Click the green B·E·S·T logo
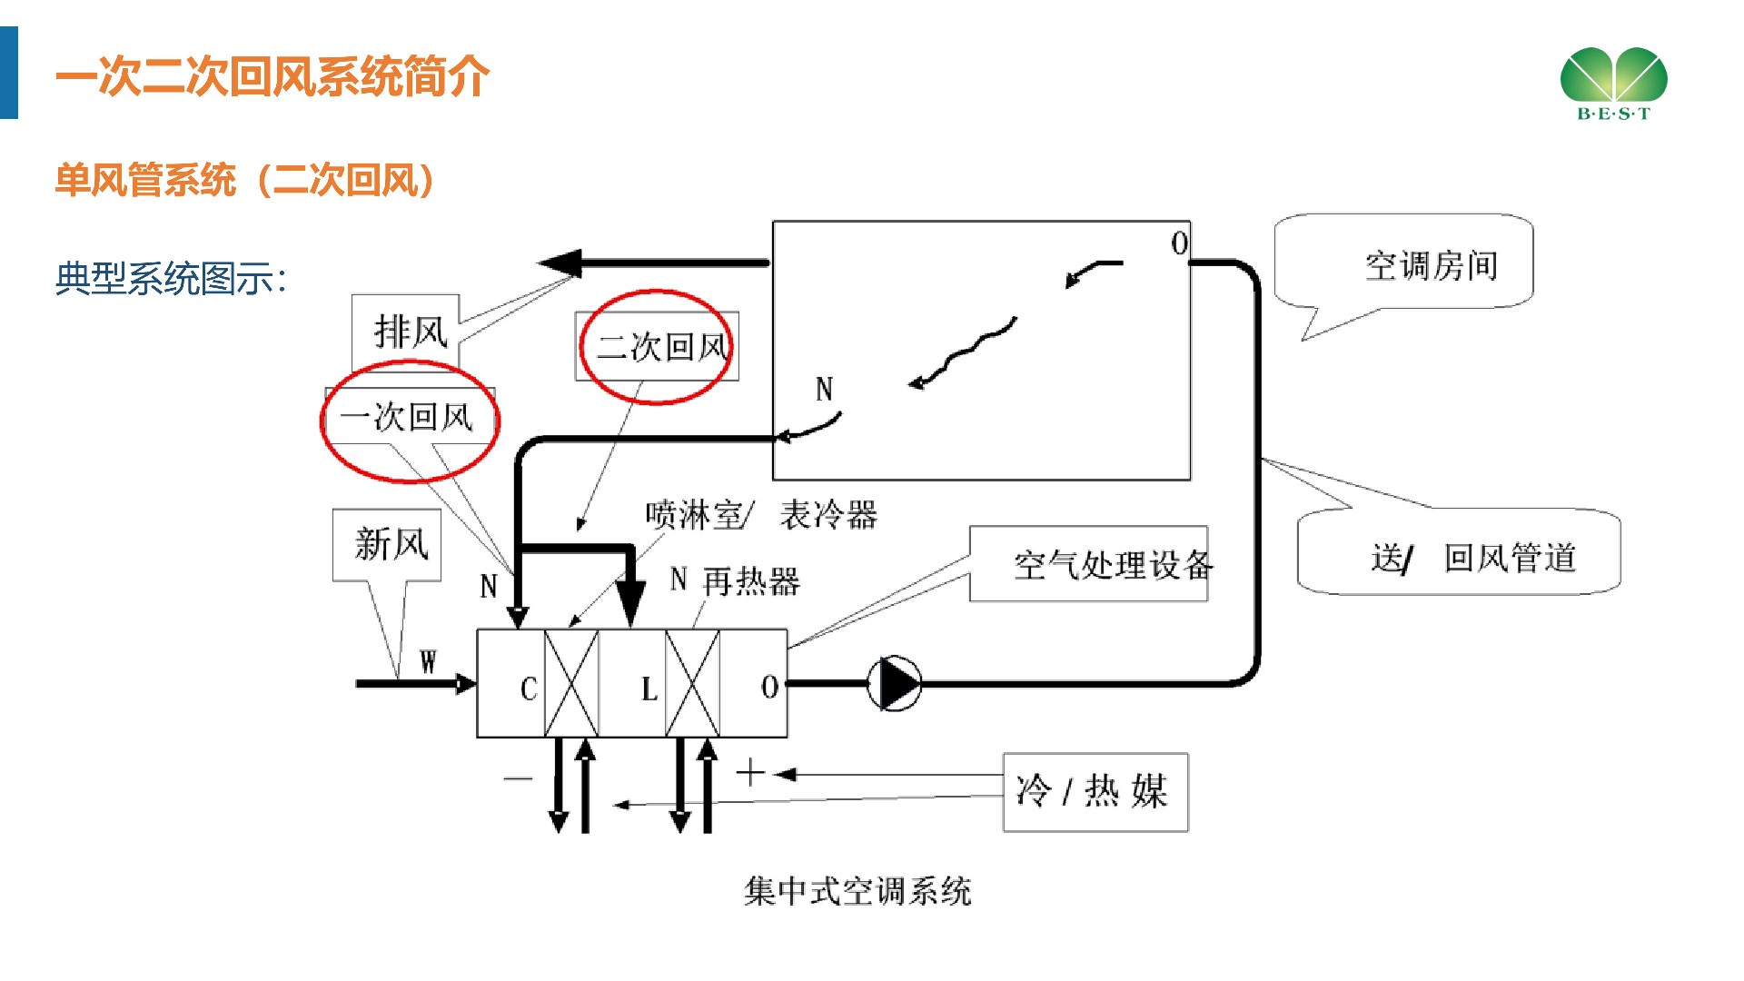pyautogui.click(x=1613, y=83)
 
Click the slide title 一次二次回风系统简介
pyautogui.click(x=272, y=76)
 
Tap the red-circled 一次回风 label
pyautogui.click(x=409, y=418)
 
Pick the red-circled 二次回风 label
pyautogui.click(x=658, y=346)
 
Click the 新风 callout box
pyautogui.click(x=388, y=544)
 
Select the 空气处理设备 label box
pyautogui.click(x=1089, y=564)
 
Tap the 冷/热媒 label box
pyautogui.click(x=1095, y=791)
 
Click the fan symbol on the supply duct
pyautogui.click(x=896, y=684)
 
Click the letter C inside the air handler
pyautogui.click(x=529, y=689)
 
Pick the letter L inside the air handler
pyautogui.click(x=649, y=689)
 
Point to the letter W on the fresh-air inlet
pyautogui.click(x=428, y=662)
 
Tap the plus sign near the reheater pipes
pyautogui.click(x=750, y=773)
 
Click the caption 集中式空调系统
pyautogui.click(x=857, y=891)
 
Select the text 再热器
pyautogui.click(x=751, y=581)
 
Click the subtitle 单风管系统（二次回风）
pyautogui.click(x=245, y=180)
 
